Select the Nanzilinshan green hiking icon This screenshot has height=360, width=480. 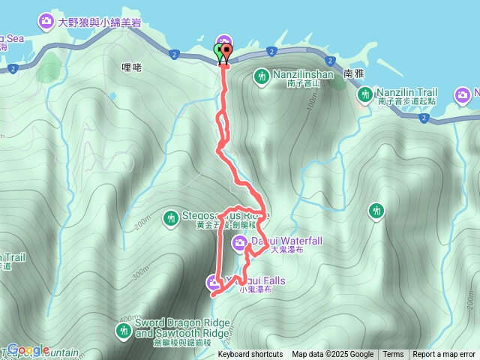[261, 76]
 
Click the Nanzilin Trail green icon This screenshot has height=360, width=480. [364, 94]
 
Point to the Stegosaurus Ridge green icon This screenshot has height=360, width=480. [170, 217]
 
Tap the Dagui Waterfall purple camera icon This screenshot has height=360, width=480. [239, 241]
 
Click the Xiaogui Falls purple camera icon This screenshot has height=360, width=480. [213, 282]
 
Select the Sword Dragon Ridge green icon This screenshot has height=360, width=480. [123, 330]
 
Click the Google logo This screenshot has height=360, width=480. [28, 350]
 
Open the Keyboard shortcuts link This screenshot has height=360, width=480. [250, 355]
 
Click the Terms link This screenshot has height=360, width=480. [393, 355]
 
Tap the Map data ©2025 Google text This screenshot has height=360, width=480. [332, 355]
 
